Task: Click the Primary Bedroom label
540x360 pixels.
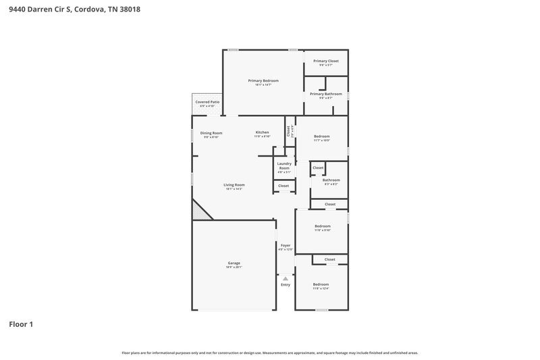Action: [263, 80]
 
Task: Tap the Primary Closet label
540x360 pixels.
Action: [326, 61]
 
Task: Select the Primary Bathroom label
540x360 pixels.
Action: [326, 94]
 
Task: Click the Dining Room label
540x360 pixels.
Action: [211, 132]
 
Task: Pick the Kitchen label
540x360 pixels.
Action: [262, 132]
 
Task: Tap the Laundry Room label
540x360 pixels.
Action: [283, 165]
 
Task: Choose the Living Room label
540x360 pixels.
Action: [234, 184]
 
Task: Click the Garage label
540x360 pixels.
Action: [234, 263]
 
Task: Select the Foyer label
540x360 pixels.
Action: [286, 245]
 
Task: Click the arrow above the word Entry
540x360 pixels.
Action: [286, 278]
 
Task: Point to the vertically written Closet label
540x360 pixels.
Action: [288, 130]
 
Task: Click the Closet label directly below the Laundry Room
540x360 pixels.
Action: [283, 185]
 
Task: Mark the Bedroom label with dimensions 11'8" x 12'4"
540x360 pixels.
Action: [321, 284]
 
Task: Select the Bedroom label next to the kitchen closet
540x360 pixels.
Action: [322, 136]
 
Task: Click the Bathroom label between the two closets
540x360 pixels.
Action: [331, 180]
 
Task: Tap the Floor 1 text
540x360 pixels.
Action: [21, 324]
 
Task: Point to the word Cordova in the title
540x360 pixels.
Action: [90, 10]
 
